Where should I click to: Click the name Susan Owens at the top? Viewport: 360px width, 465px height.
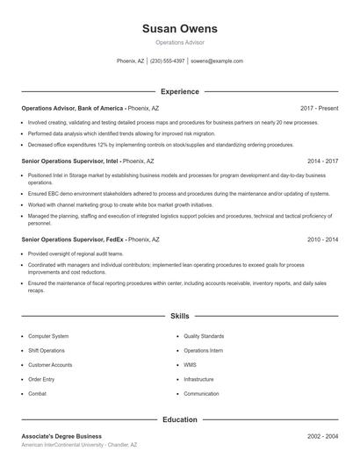click(x=179, y=29)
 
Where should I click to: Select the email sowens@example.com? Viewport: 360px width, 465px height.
click(x=216, y=61)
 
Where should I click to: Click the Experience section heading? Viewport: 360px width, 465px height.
click(x=179, y=91)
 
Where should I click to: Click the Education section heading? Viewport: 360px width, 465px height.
click(x=179, y=419)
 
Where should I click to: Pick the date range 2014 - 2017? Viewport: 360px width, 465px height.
click(x=322, y=161)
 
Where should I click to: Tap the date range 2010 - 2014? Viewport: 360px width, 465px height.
click(x=322, y=239)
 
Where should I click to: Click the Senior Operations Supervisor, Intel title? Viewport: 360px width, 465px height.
click(x=70, y=161)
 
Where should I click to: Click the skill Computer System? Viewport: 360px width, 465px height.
click(x=48, y=336)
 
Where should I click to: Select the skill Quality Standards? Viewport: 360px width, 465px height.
click(x=204, y=336)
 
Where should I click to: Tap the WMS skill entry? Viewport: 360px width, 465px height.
click(x=191, y=365)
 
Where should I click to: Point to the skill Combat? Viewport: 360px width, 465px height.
click(x=38, y=394)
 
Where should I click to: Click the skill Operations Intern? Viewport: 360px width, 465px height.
click(x=203, y=350)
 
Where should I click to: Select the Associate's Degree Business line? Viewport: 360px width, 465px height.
click(x=61, y=436)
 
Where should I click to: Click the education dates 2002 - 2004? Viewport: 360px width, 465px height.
click(x=322, y=436)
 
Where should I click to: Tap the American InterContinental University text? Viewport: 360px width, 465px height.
click(x=61, y=445)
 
